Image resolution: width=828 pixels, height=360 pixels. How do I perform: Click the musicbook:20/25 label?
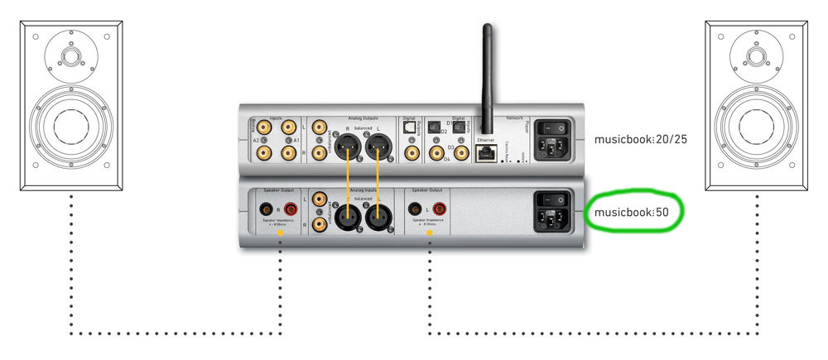tap(640, 139)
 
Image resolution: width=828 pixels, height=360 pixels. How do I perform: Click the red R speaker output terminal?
tap(291, 210)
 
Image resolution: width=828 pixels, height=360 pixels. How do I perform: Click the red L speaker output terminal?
tap(435, 210)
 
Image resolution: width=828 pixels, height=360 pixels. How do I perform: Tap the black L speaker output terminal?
tap(413, 210)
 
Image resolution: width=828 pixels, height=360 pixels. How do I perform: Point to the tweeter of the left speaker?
tap(70, 58)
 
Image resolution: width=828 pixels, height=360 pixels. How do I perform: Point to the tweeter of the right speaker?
tap(755, 58)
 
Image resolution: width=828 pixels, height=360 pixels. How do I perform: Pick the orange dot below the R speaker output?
tap(280, 235)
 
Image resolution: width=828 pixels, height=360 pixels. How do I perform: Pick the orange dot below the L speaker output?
tap(429, 235)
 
